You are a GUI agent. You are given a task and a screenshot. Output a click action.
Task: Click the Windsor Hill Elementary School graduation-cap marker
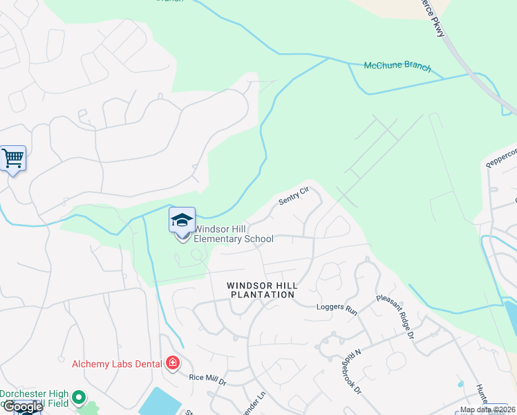pyautogui.click(x=182, y=221)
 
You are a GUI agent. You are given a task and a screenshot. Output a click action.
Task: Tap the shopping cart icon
pyautogui.click(x=13, y=159)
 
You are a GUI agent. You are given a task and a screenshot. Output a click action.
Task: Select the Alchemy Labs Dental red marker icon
pyautogui.click(x=172, y=363)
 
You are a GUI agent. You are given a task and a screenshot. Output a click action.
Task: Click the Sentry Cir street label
pyautogui.click(x=293, y=196)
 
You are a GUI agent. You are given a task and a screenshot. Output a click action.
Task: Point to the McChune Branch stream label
pyautogui.click(x=397, y=67)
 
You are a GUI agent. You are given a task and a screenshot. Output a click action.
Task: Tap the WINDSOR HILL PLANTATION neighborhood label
pyautogui.click(x=262, y=290)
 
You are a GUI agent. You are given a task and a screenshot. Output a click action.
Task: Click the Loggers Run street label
pyautogui.click(x=337, y=308)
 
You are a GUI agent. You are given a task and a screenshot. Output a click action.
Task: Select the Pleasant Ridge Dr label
pyautogui.click(x=395, y=317)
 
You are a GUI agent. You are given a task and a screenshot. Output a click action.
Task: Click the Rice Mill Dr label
pyautogui.click(x=208, y=379)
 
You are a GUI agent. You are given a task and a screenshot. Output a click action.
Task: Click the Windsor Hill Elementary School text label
pyautogui.click(x=234, y=234)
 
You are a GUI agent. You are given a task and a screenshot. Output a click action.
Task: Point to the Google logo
pyautogui.click(x=22, y=407)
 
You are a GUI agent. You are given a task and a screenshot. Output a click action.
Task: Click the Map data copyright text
pyautogui.click(x=488, y=409)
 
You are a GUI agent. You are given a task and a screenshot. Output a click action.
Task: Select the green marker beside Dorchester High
pyautogui.click(x=78, y=398)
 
